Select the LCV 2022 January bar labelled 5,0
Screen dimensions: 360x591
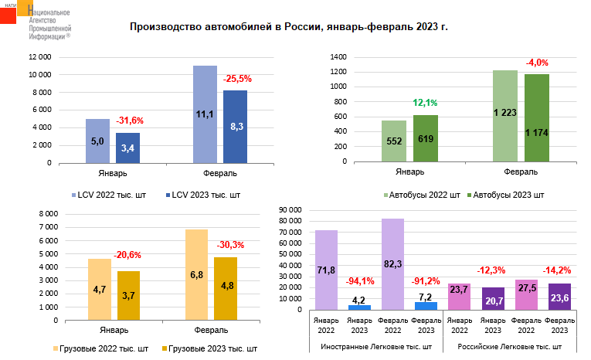point(97,141)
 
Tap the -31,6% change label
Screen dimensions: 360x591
point(130,121)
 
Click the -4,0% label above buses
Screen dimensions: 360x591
point(536,62)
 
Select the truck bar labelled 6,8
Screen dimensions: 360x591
point(196,275)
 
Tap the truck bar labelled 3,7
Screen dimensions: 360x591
point(128,296)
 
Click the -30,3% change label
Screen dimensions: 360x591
point(230,245)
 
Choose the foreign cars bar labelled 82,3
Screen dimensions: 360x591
point(392,264)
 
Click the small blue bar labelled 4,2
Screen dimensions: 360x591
point(360,307)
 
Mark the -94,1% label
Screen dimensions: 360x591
point(359,280)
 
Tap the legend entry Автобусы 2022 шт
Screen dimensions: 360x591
point(422,195)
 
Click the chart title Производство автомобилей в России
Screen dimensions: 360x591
point(289,27)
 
